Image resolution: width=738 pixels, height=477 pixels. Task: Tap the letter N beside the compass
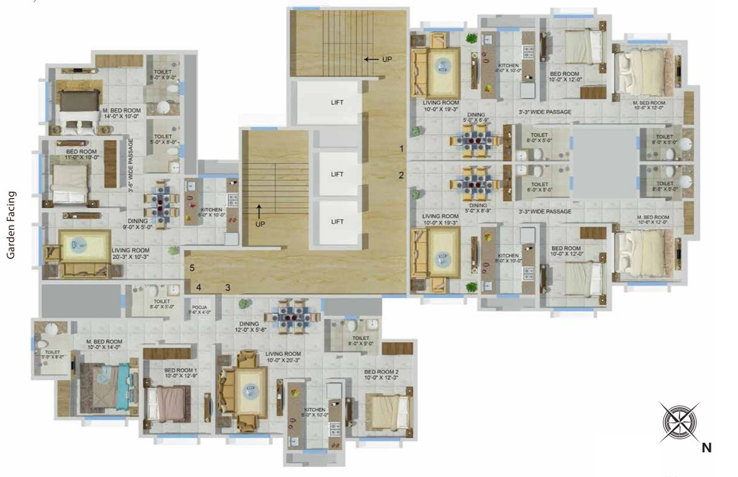pyautogui.click(x=706, y=447)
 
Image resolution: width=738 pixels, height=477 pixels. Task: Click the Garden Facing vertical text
pyautogui.click(x=11, y=224)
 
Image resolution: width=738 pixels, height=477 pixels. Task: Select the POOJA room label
pyautogui.click(x=199, y=310)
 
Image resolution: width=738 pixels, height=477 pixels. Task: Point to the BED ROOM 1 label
pyautogui.click(x=164, y=372)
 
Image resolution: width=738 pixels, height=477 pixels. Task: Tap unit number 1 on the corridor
pyautogui.click(x=402, y=148)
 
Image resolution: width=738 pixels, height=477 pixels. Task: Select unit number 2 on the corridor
pyautogui.click(x=401, y=175)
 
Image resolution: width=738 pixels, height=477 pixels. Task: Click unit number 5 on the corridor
pyautogui.click(x=193, y=268)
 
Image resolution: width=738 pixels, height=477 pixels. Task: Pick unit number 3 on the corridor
pyautogui.click(x=228, y=288)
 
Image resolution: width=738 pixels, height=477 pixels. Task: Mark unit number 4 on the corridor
pyautogui.click(x=198, y=288)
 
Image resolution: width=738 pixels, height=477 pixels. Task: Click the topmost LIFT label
pyautogui.click(x=337, y=102)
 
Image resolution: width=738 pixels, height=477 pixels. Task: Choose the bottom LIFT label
pyautogui.click(x=337, y=222)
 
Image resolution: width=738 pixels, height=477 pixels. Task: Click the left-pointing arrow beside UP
pyautogui.click(x=371, y=60)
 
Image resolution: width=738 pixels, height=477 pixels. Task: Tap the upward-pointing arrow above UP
pyautogui.click(x=260, y=209)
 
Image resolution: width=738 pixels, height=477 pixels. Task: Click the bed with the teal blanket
pyautogui.click(x=106, y=386)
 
